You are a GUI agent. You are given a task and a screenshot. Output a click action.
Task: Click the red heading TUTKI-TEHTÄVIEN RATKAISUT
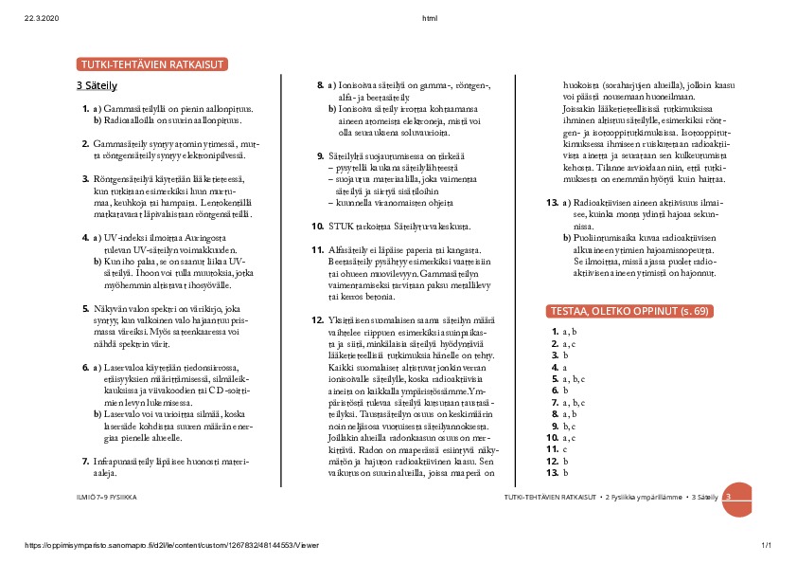(152, 65)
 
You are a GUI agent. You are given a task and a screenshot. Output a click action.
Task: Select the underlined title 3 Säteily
(97, 85)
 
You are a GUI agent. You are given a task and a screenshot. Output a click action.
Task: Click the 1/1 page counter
(767, 545)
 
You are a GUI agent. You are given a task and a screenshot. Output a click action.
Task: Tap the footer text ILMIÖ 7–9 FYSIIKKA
(106, 497)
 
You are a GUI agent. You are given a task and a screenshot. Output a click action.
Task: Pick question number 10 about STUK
(318, 226)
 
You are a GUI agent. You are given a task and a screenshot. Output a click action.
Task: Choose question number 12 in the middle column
(318, 319)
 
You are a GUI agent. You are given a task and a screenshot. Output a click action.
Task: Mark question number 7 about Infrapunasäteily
(86, 461)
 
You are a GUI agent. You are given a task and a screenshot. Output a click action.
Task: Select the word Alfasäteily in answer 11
(352, 248)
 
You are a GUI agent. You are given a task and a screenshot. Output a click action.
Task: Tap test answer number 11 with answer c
(555, 447)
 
